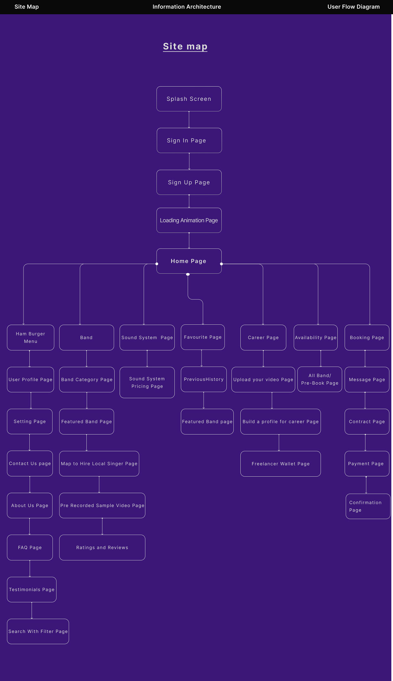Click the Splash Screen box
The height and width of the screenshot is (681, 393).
click(x=189, y=99)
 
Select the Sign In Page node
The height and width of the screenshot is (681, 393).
click(x=189, y=140)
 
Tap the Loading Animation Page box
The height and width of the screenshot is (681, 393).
click(x=189, y=220)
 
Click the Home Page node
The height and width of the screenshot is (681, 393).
click(x=189, y=261)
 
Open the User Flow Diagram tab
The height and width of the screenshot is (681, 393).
click(x=353, y=7)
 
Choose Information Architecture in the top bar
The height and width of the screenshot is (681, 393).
click(x=187, y=7)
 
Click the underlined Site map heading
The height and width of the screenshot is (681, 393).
click(x=185, y=46)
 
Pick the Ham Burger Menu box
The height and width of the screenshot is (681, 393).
click(x=30, y=337)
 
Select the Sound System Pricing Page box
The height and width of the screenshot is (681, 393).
click(x=147, y=382)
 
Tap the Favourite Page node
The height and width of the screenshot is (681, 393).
click(x=203, y=337)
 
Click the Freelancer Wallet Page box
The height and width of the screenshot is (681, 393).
click(x=280, y=463)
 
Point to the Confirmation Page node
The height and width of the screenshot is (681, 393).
click(x=368, y=506)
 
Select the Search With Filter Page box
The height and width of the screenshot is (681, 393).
click(x=38, y=631)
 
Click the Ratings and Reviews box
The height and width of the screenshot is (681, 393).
click(x=102, y=547)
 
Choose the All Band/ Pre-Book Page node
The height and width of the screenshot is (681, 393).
click(x=319, y=379)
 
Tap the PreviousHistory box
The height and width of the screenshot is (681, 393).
click(x=203, y=379)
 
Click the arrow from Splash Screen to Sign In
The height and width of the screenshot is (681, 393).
click(x=189, y=120)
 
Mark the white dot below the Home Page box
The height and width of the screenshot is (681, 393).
click(x=188, y=274)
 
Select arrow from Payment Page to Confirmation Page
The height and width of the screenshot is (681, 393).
click(x=366, y=485)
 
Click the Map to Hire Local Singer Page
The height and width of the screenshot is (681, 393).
click(x=99, y=463)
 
